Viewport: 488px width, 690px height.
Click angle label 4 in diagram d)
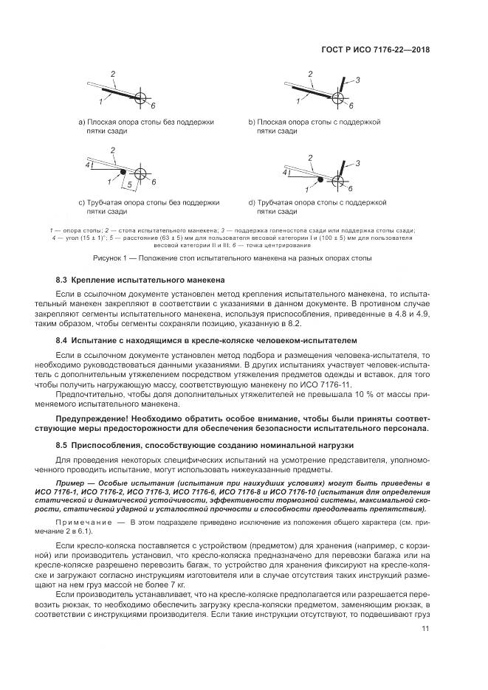click(284, 170)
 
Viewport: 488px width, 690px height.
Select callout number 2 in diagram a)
click(113, 74)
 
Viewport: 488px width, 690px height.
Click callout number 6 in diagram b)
click(351, 106)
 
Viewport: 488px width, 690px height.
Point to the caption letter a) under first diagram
click(82, 121)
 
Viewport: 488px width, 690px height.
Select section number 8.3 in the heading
click(63, 281)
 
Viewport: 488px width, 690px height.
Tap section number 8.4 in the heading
click(63, 342)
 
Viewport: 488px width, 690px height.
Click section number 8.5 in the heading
click(63, 445)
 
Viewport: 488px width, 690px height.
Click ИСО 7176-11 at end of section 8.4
click(330, 384)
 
